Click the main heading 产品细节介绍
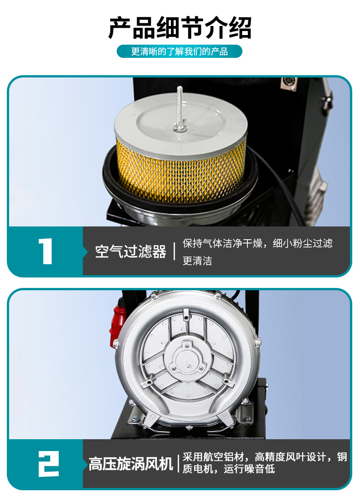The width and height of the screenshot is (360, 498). pos(180,28)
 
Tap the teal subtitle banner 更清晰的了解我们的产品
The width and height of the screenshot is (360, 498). pos(180,51)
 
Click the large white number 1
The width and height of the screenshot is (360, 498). pos(46,251)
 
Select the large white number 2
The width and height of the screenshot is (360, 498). pos(49,464)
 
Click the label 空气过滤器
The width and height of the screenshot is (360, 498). pos(131,252)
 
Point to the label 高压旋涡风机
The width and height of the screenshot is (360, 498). pos(131,464)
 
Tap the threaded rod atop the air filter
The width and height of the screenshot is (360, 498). pos(180,108)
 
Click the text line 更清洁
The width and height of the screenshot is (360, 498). pos(197,261)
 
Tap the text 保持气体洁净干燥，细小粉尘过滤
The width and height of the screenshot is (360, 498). pos(257,243)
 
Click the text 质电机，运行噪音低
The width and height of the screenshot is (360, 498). pos(228,469)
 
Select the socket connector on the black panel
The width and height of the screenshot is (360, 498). pos(288,84)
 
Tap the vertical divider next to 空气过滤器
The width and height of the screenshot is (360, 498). pos(175,251)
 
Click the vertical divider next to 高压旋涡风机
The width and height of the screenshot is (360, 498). pos(178,463)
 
